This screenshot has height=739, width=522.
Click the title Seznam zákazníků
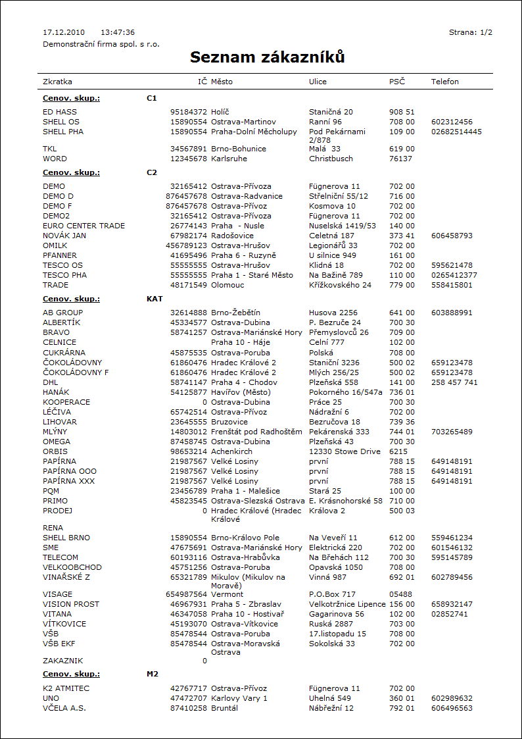pos(268,57)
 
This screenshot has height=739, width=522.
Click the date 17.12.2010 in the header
pos(64,32)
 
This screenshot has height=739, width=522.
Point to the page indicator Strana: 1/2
pos(471,32)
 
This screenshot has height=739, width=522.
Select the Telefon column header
pos(445,82)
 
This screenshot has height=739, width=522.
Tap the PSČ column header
pos(397,82)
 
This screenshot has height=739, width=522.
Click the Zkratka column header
pos(57,82)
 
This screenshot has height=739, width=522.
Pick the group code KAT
pos(154,299)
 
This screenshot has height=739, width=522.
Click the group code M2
pos(153,675)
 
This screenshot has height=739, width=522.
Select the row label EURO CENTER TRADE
pos(83,226)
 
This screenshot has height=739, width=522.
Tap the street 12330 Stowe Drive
pos(344,451)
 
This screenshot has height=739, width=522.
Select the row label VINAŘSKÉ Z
pos(66,577)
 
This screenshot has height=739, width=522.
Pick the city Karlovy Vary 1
pos(239,698)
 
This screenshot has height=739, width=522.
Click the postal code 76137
pos(400,159)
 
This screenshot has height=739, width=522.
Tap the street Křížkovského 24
pos(340,285)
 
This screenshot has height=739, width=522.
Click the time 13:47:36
pos(118,32)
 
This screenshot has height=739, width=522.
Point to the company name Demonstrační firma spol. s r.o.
pos(101,44)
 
